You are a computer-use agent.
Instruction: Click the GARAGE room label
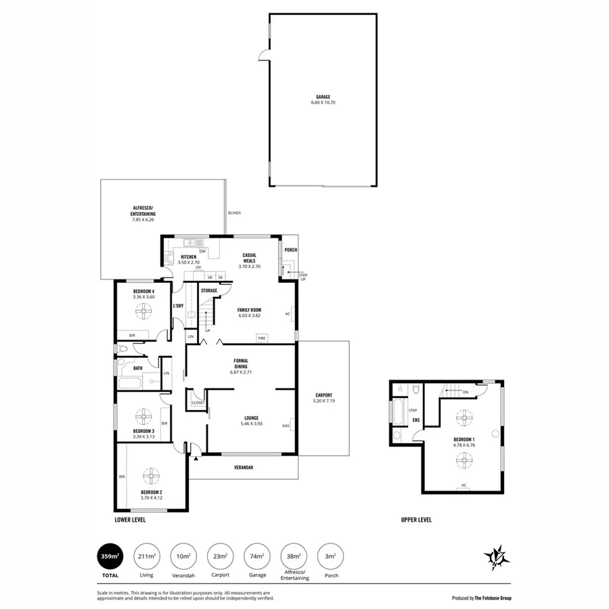coord(323,97)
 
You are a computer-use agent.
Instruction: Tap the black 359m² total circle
coord(110,556)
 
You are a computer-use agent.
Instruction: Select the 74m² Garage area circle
coord(256,556)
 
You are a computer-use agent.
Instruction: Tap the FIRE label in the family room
coord(261,337)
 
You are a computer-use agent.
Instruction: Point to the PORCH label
coord(291,250)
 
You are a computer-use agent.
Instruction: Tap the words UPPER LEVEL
coord(415,520)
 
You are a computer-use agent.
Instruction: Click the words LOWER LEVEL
coord(130,520)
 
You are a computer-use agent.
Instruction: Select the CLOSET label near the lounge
coord(198,403)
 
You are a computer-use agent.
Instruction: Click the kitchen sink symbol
coord(187,242)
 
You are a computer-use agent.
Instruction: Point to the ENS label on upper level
coord(416,420)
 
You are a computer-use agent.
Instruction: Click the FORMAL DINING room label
coord(240,363)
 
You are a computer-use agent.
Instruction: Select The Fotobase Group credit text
coord(482,598)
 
